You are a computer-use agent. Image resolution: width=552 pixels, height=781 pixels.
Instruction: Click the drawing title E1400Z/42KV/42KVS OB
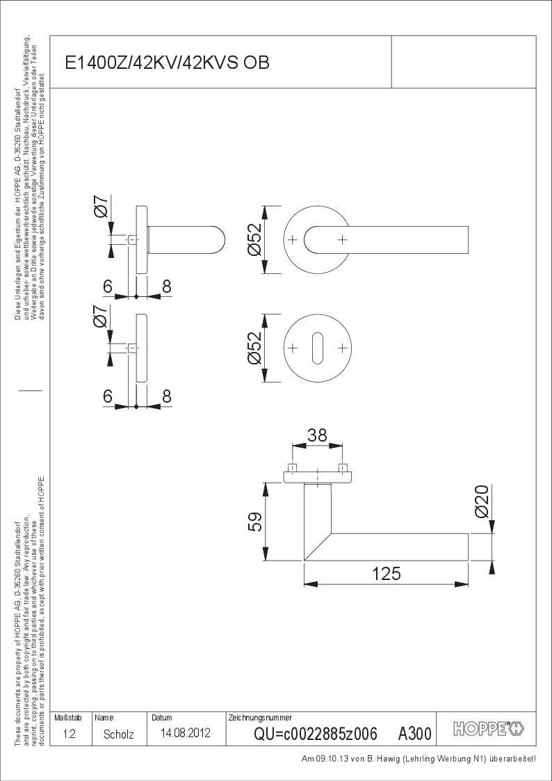click(x=168, y=63)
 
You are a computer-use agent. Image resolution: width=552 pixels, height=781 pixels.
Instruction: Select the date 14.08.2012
click(x=186, y=733)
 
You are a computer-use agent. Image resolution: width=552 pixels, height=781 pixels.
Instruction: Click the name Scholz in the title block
click(x=118, y=734)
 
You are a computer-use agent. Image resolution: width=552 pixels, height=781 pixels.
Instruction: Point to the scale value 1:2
click(x=70, y=734)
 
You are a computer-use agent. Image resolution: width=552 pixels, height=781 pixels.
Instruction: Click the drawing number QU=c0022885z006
click(x=316, y=734)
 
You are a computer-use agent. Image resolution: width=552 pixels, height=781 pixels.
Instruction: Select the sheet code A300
click(x=414, y=734)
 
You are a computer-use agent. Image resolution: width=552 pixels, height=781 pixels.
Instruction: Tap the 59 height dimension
click(x=255, y=522)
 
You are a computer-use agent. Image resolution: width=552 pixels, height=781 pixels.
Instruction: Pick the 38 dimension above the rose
click(x=317, y=435)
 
